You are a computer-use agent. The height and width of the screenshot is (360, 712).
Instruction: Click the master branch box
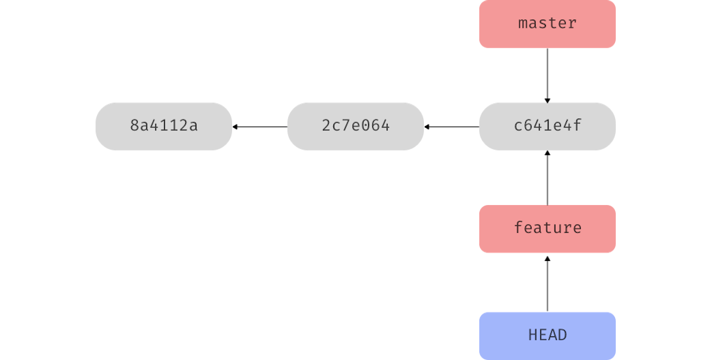pyautogui.click(x=547, y=24)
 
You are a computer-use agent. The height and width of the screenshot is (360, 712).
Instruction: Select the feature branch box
pyautogui.click(x=547, y=228)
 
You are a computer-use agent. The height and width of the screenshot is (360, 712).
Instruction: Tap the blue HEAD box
pyautogui.click(x=547, y=335)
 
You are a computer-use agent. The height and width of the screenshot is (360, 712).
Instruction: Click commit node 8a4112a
pyautogui.click(x=163, y=126)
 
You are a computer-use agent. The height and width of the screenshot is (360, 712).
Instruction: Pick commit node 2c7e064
pyautogui.click(x=355, y=126)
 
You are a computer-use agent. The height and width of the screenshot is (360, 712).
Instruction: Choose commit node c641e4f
pyautogui.click(x=547, y=126)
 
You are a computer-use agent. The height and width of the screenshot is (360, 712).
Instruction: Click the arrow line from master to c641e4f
pyautogui.click(x=547, y=74)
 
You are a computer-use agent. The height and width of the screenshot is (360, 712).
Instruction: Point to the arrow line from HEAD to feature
pyautogui.click(x=547, y=284)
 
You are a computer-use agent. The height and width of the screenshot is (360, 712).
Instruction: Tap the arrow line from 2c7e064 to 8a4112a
pyautogui.click(x=260, y=126)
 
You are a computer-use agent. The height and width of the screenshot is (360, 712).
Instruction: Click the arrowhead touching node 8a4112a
pyautogui.click(x=236, y=126)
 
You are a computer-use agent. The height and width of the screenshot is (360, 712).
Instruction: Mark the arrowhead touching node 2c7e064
pyautogui.click(x=428, y=126)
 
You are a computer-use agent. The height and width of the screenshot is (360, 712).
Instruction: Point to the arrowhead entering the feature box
pyautogui.click(x=547, y=257)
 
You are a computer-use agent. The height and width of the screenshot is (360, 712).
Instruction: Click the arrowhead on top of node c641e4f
pyautogui.click(x=547, y=100)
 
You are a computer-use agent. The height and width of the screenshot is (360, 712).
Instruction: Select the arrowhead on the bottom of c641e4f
pyautogui.click(x=547, y=154)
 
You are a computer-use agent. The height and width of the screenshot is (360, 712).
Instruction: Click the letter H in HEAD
pyautogui.click(x=533, y=335)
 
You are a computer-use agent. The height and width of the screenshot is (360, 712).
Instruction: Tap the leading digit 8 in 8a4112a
pyautogui.click(x=134, y=126)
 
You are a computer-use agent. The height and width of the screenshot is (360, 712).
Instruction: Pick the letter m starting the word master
pyautogui.click(x=523, y=24)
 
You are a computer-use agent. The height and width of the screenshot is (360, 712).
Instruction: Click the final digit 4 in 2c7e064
pyautogui.click(x=385, y=126)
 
